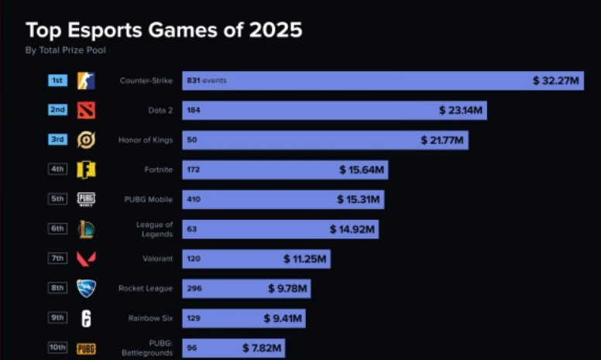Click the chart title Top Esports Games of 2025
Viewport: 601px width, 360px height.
(x=163, y=30)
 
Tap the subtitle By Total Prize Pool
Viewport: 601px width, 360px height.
(x=66, y=50)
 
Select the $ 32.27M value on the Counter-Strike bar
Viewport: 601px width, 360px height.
(x=556, y=81)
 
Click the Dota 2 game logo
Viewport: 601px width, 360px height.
(x=86, y=111)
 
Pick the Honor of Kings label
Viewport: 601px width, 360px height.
(x=146, y=140)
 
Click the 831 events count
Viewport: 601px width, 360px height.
(x=206, y=81)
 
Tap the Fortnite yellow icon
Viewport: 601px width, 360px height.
(x=86, y=170)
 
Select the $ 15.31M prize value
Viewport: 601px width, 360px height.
(x=359, y=199)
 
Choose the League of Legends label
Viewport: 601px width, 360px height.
(x=154, y=229)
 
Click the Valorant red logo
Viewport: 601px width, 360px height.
(x=86, y=259)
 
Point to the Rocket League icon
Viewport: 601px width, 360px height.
(x=86, y=289)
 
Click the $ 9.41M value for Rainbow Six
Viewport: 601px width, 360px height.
(x=283, y=318)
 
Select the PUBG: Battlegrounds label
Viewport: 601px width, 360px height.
(x=149, y=348)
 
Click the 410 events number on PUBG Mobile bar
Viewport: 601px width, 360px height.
(x=194, y=199)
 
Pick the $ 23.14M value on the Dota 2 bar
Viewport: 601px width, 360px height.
(x=461, y=111)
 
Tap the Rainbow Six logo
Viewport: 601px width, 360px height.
(x=86, y=318)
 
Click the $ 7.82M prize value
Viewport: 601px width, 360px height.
(x=262, y=348)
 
